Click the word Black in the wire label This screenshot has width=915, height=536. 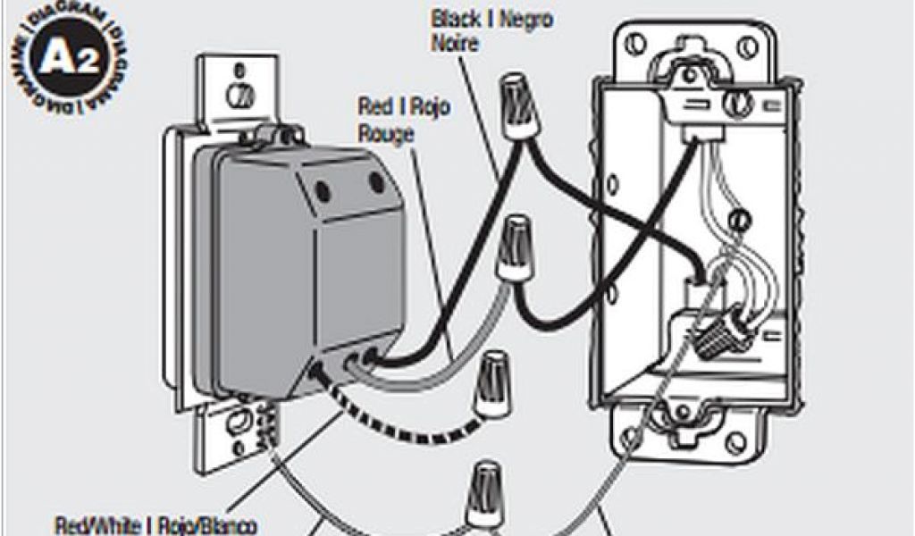[x=452, y=19]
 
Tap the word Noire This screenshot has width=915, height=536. [x=453, y=41]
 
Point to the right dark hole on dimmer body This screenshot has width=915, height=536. [x=376, y=183]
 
